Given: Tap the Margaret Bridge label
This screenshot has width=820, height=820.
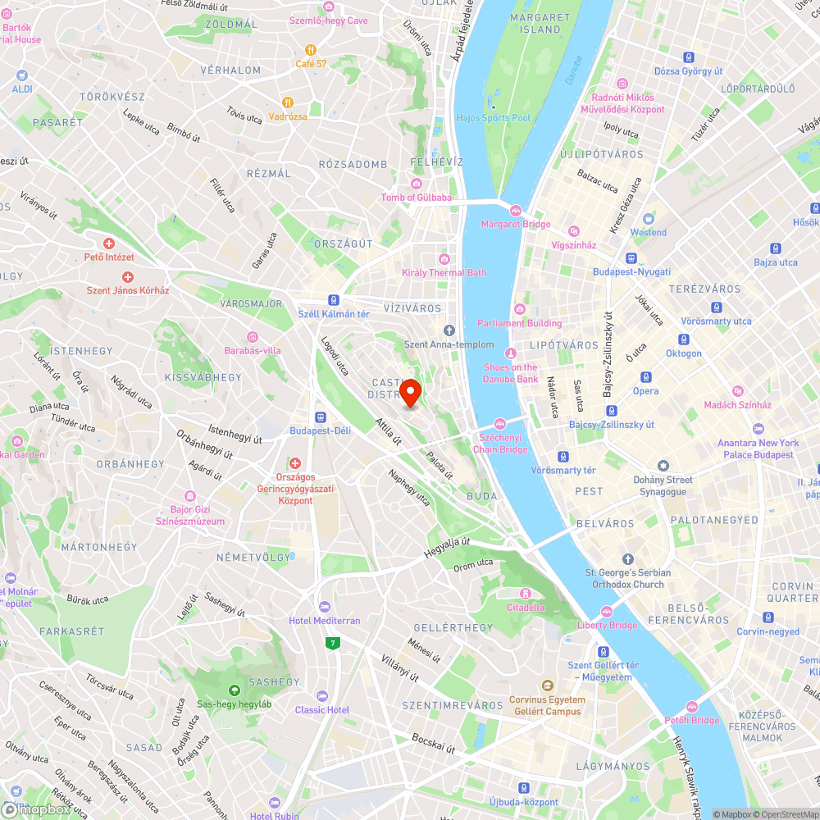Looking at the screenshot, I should coord(516,224).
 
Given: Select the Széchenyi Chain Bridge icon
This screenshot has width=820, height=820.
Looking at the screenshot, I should coord(499,422).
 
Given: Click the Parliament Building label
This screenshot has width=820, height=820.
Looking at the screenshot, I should coord(520,323).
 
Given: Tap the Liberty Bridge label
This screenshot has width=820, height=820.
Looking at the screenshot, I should coord(608,625).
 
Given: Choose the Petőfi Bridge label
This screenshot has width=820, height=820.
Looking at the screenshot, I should coord(691,720).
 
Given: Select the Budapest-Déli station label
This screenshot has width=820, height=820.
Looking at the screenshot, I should coord(319,430).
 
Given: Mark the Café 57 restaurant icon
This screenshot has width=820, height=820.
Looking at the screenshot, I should coord(311,49).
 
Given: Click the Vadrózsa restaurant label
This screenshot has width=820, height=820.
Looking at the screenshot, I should coord(288,116).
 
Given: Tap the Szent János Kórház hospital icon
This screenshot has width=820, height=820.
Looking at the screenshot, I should coord(127,277).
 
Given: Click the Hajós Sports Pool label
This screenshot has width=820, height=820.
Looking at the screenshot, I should coord(494,118).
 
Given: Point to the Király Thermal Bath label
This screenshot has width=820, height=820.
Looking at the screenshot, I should coord(444,272).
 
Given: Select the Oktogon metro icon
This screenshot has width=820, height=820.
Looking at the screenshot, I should coord(683,339).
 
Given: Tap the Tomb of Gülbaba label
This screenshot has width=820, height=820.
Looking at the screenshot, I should coord(416,197).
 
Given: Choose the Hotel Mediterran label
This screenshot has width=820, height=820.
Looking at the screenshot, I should coord(325,621).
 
